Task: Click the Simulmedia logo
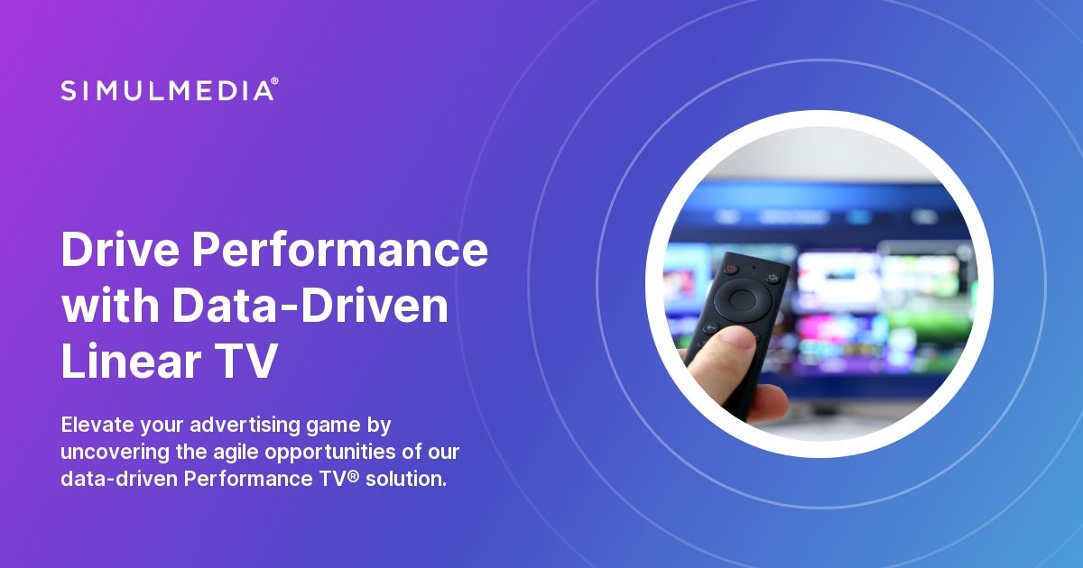(168, 89)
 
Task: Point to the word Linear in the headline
(128, 362)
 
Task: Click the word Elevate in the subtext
(97, 424)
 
